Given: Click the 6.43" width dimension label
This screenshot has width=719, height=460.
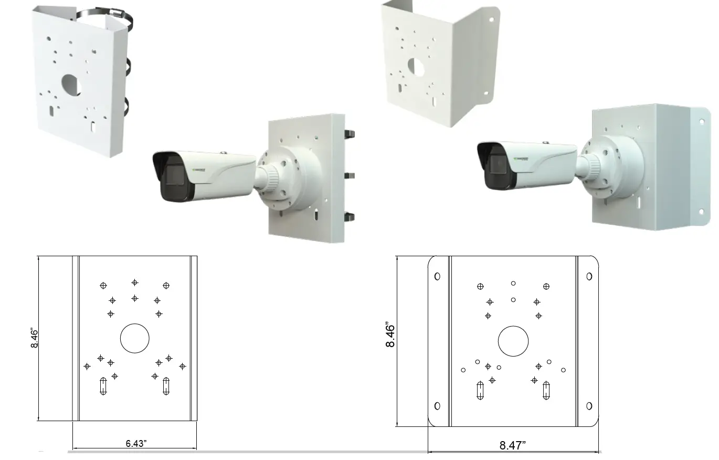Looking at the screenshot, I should [x=136, y=443].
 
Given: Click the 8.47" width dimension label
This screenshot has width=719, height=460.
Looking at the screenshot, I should [x=512, y=446].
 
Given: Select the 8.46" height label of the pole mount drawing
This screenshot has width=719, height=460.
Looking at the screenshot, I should [x=35, y=338].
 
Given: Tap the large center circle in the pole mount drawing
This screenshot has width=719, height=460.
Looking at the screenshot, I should [x=135, y=339].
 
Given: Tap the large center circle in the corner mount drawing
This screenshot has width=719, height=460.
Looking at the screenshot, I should [x=513, y=340].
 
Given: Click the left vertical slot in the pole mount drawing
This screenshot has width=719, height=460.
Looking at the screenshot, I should [x=103, y=386].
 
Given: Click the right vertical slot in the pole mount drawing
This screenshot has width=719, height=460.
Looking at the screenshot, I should [x=166, y=386].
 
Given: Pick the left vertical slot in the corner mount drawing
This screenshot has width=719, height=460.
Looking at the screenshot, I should [x=480, y=390].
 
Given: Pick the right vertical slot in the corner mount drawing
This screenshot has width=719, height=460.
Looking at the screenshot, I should [x=546, y=390].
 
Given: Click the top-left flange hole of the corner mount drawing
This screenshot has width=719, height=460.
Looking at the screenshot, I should [x=437, y=276].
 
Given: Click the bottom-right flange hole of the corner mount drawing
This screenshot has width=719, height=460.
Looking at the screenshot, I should [x=589, y=406].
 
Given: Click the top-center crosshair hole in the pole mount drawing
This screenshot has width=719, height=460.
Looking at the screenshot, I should [x=135, y=283].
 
